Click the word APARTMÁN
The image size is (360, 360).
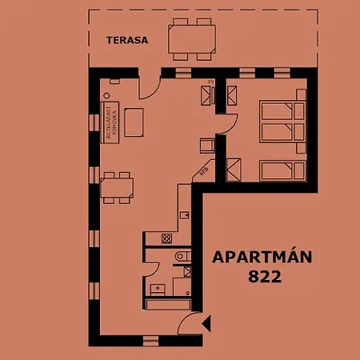coord(262,258)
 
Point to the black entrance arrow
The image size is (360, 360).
coord(206,324)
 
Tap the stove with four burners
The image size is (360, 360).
coord(167,238)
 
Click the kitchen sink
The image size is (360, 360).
coord(185,214)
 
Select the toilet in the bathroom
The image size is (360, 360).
coord(181,257)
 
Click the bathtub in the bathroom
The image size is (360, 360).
coord(167,303)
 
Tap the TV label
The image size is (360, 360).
coord(210,82)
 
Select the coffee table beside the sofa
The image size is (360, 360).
coord(134,122)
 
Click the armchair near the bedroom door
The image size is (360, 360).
coord(206,146)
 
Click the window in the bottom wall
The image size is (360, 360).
coord(150,339)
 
